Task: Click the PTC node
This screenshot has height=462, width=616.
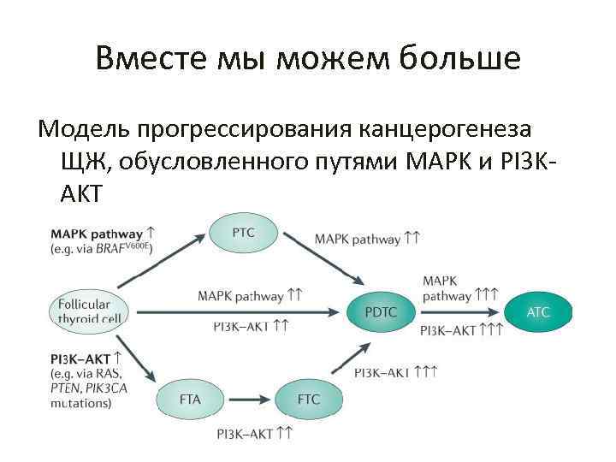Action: [244, 233]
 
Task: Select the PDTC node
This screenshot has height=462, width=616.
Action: [381, 312]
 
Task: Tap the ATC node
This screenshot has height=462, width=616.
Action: [538, 312]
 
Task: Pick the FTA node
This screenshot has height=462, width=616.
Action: [191, 399]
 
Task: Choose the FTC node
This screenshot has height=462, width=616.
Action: [309, 399]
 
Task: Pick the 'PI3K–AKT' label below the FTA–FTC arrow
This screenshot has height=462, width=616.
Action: [247, 435]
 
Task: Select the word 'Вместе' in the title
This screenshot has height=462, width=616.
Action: [146, 59]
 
